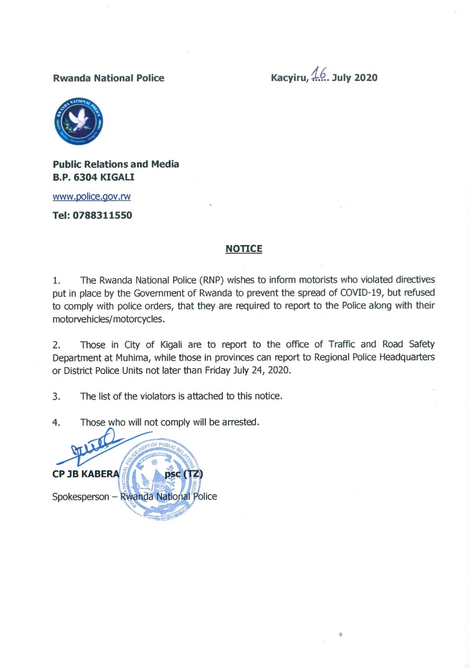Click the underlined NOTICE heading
click(243, 249)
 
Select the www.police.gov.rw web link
click(92, 196)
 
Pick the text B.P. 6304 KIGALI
click(93, 177)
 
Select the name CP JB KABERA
click(82, 475)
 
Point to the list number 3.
click(56, 396)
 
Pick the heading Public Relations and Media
click(116, 164)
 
